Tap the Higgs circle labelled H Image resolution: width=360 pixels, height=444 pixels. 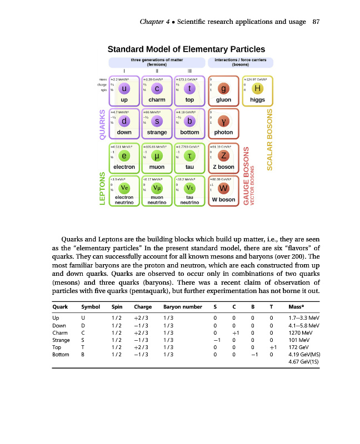point(257,89)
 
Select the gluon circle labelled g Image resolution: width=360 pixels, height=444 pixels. point(223,89)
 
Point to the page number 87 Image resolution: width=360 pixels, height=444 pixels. point(317,22)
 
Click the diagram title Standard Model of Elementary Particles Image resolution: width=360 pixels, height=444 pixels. point(186,49)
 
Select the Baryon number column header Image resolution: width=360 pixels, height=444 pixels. point(179,306)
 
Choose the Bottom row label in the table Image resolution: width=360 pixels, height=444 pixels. point(61,356)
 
